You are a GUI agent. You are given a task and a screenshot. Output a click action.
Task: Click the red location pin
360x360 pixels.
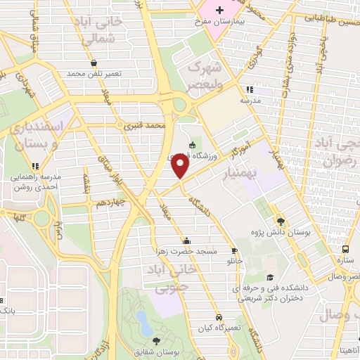coord(180,166)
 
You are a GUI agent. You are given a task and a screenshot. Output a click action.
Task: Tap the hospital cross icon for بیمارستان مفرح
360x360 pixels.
coord(220,11)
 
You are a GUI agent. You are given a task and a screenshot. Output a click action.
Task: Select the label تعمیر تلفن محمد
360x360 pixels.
coord(95,73)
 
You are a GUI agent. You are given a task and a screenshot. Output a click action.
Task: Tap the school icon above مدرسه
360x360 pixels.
coord(249,89)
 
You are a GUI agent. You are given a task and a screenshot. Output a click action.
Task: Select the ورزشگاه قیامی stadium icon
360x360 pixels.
coord(193,146)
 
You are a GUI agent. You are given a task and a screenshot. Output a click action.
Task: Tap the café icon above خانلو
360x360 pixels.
coord(234,250)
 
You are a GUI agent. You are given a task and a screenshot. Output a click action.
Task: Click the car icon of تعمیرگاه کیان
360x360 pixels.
coord(219,317)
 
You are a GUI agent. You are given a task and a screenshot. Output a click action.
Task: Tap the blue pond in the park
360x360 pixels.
coord(143,324)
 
